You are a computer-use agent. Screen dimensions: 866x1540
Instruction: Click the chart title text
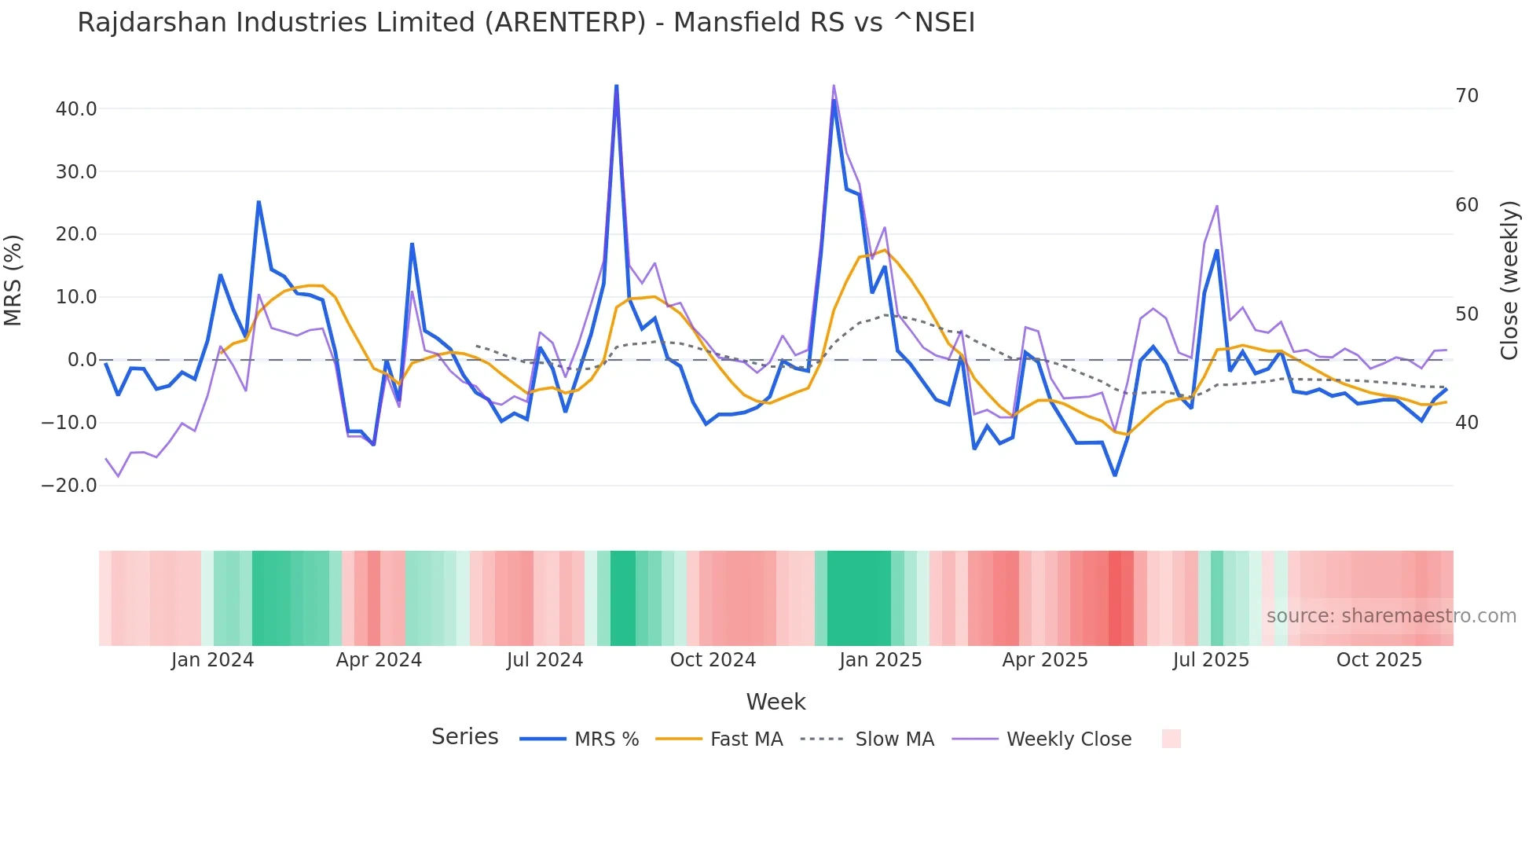click(526, 23)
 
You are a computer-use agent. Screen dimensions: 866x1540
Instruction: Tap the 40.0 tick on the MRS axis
click(76, 109)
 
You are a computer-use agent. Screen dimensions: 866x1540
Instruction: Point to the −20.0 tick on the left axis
click(69, 486)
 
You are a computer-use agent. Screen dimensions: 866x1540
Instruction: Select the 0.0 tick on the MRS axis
click(82, 360)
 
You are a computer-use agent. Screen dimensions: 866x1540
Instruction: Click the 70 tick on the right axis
click(1466, 96)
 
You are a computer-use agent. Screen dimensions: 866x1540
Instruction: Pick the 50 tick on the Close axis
click(1466, 314)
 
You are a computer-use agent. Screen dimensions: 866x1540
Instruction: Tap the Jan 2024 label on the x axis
click(212, 660)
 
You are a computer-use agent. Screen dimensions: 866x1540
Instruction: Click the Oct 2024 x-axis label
click(713, 660)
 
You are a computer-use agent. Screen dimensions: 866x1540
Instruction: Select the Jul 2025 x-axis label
click(1211, 660)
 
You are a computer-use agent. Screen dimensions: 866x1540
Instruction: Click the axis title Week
click(775, 702)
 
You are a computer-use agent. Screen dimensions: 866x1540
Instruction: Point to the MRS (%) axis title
click(13, 281)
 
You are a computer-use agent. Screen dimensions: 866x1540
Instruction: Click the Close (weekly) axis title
click(1509, 281)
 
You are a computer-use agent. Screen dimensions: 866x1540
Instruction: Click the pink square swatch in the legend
click(1171, 739)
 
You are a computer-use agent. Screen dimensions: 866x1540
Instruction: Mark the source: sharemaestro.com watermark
click(1391, 616)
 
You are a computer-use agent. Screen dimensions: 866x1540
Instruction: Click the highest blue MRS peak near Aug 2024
click(617, 86)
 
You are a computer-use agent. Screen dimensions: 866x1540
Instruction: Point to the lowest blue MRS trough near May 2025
click(1114, 475)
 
